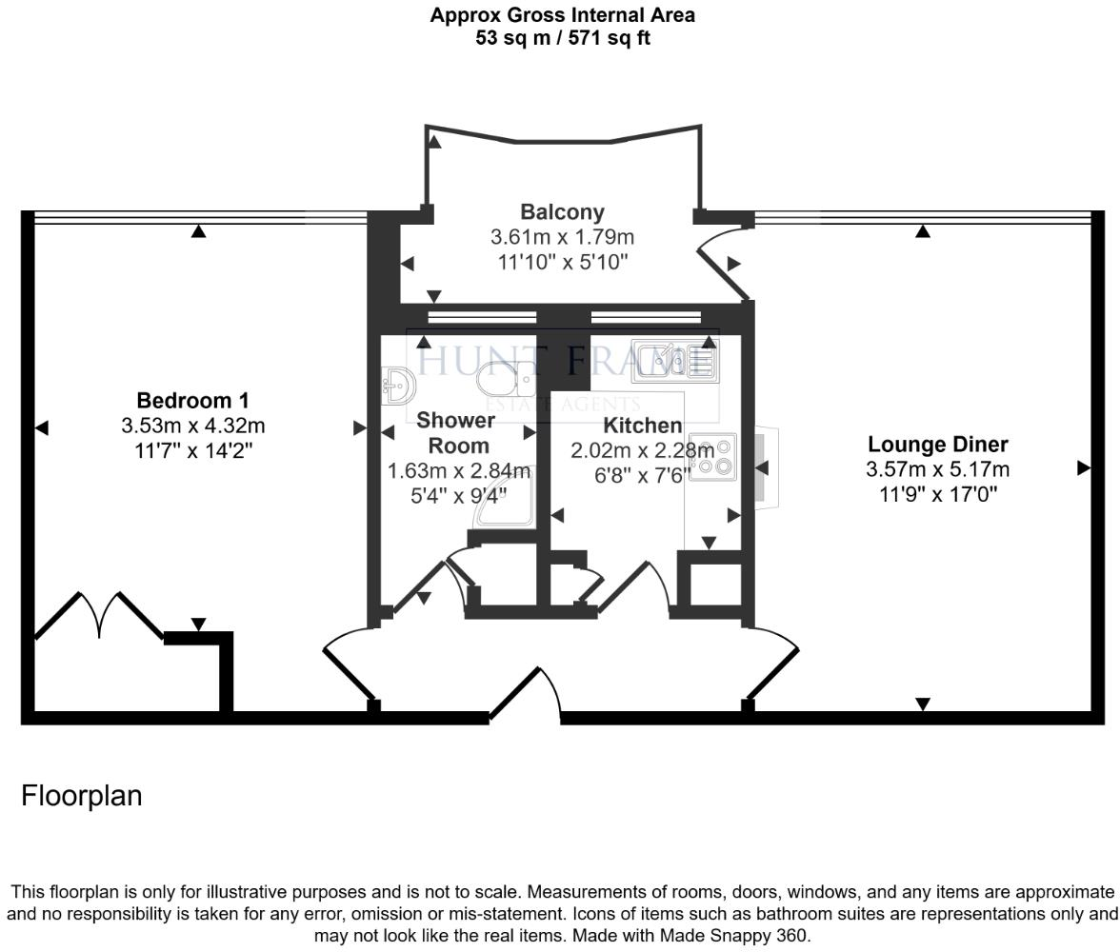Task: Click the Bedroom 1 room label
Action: click(192, 400)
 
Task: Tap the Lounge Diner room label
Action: click(937, 444)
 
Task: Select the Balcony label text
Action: click(562, 211)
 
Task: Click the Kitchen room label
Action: click(642, 425)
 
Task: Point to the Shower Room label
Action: click(456, 432)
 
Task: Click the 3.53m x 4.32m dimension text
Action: click(192, 425)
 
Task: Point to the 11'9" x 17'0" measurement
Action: click(937, 494)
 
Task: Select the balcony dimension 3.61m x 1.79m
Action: click(562, 237)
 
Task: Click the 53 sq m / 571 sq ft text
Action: click(562, 39)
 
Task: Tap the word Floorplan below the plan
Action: click(82, 795)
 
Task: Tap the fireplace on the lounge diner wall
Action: click(767, 467)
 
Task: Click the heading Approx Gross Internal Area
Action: click(562, 15)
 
